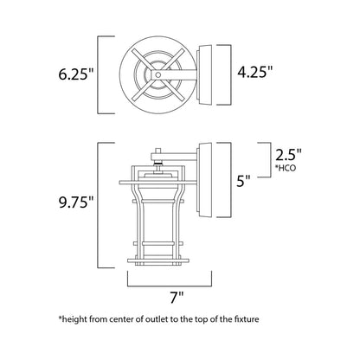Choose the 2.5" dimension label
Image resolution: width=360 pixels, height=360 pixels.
click(288, 156)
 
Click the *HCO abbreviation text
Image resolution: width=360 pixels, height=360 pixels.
click(286, 172)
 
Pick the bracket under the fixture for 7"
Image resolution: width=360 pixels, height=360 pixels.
click(171, 280)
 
